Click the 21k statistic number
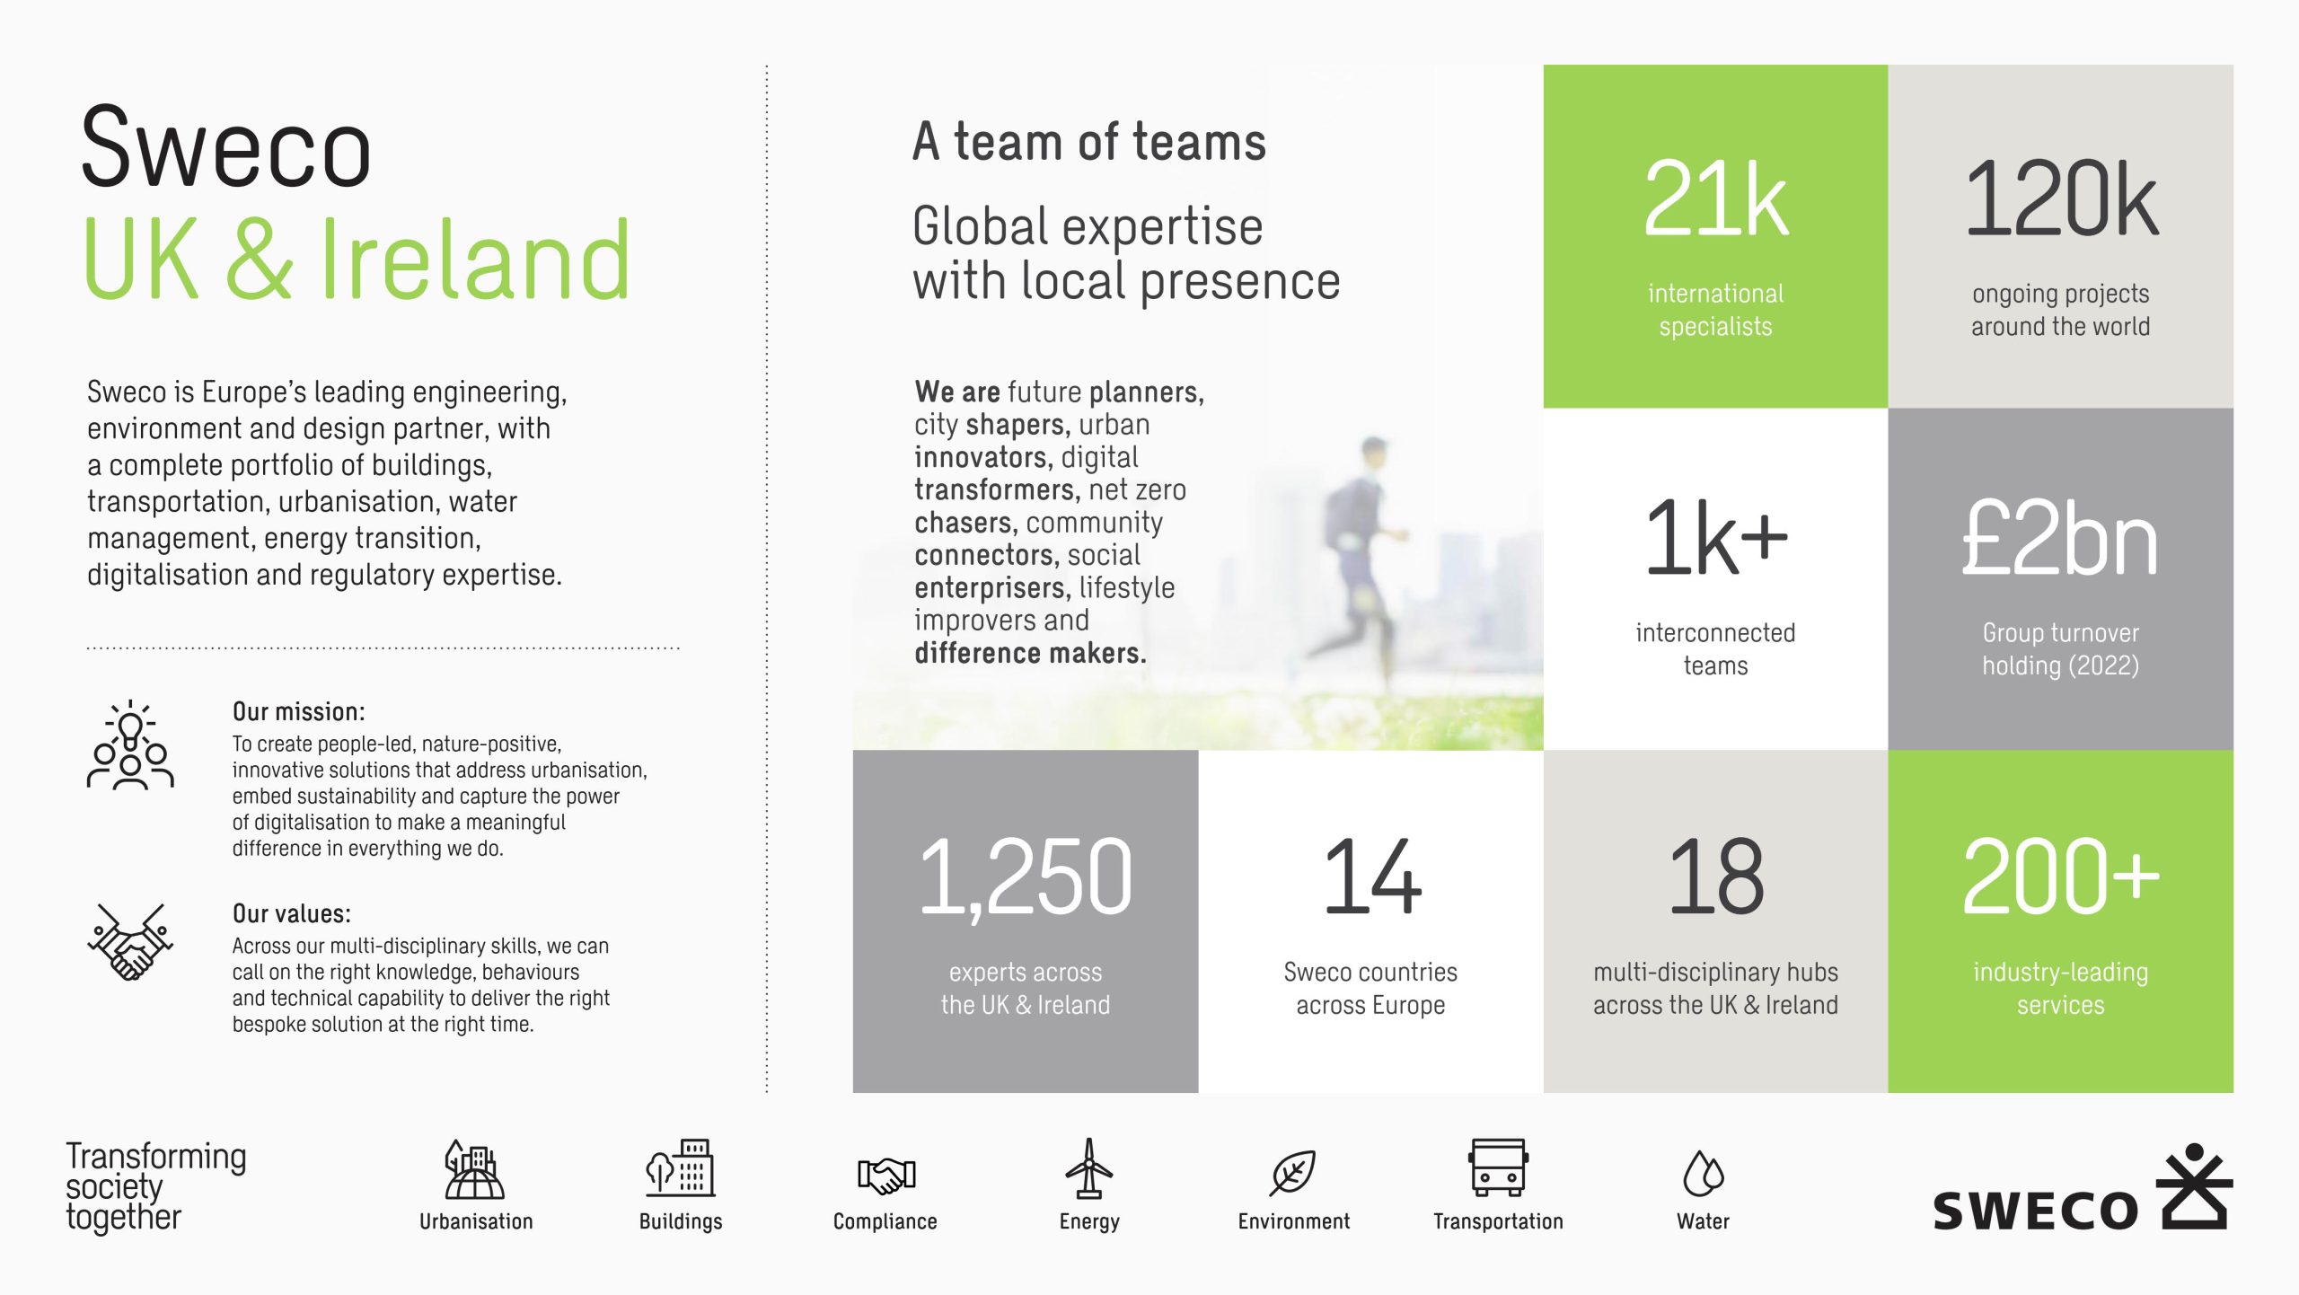click(x=1715, y=198)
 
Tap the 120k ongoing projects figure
click(x=2061, y=198)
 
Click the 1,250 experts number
click(x=1026, y=877)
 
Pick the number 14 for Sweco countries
click(x=1371, y=877)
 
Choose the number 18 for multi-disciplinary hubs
click(x=1716, y=877)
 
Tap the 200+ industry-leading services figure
click(x=2061, y=877)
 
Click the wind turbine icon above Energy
click(x=1089, y=1168)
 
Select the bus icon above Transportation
click(x=1498, y=1167)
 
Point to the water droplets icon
click(x=1703, y=1173)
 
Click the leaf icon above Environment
click(x=1293, y=1173)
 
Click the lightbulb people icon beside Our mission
click(x=131, y=744)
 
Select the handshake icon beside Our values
click(x=131, y=941)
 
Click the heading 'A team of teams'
click(x=1089, y=142)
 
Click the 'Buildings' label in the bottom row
click(x=681, y=1221)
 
